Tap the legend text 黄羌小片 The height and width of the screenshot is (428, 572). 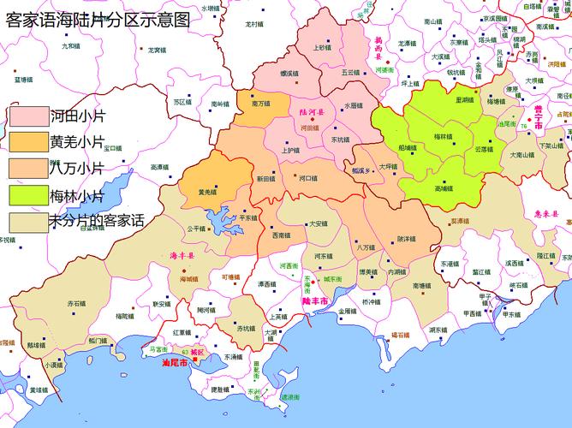pyautogui.click(x=77, y=141)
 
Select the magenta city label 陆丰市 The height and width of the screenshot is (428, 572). pyautogui.click(x=317, y=301)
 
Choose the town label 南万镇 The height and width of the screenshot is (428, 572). pyautogui.click(x=262, y=104)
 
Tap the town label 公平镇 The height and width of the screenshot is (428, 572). pyautogui.click(x=196, y=229)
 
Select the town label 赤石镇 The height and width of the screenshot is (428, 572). pyautogui.click(x=76, y=303)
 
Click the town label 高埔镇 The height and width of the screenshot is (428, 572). pyautogui.click(x=444, y=187)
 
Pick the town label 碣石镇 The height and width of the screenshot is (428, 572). pyautogui.click(x=401, y=335)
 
